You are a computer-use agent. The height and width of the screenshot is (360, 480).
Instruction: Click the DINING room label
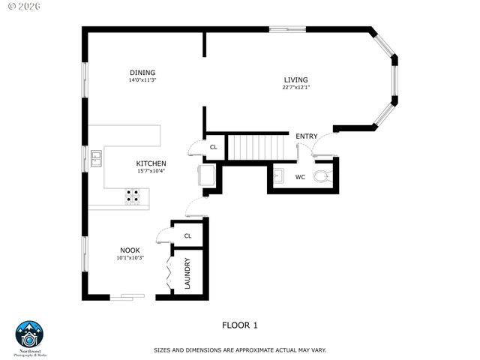pos(142,72)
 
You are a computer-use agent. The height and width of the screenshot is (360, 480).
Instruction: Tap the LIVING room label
pos(295,79)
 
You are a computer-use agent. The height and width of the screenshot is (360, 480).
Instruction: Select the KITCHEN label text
pos(151,163)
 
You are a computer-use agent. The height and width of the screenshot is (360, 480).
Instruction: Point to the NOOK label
pos(130,250)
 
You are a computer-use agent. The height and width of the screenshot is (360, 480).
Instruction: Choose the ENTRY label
pos(306,136)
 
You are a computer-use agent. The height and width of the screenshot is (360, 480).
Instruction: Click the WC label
pos(300,178)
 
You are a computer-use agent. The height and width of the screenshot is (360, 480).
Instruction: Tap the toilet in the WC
pos(322,177)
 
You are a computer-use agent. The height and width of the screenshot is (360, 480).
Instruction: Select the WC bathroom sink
pos(277,177)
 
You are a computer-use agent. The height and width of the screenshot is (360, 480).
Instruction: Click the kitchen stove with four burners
pos(132,196)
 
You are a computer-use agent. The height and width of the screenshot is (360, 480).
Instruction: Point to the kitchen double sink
pos(97,158)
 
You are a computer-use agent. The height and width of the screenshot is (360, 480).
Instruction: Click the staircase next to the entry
pos(258,147)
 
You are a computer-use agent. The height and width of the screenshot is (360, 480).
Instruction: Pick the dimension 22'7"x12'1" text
pos(295,88)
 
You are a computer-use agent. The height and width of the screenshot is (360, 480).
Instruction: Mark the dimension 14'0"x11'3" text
pos(142,79)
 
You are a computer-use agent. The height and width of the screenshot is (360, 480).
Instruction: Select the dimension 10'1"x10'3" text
pos(130,258)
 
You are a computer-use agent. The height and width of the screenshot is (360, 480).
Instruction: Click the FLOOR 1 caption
pos(240,325)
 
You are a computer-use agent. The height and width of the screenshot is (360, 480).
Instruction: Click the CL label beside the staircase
pos(214,147)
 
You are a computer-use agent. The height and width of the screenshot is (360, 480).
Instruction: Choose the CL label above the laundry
pos(187,235)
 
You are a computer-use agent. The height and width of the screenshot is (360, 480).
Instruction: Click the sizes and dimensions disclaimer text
pos(240,349)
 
